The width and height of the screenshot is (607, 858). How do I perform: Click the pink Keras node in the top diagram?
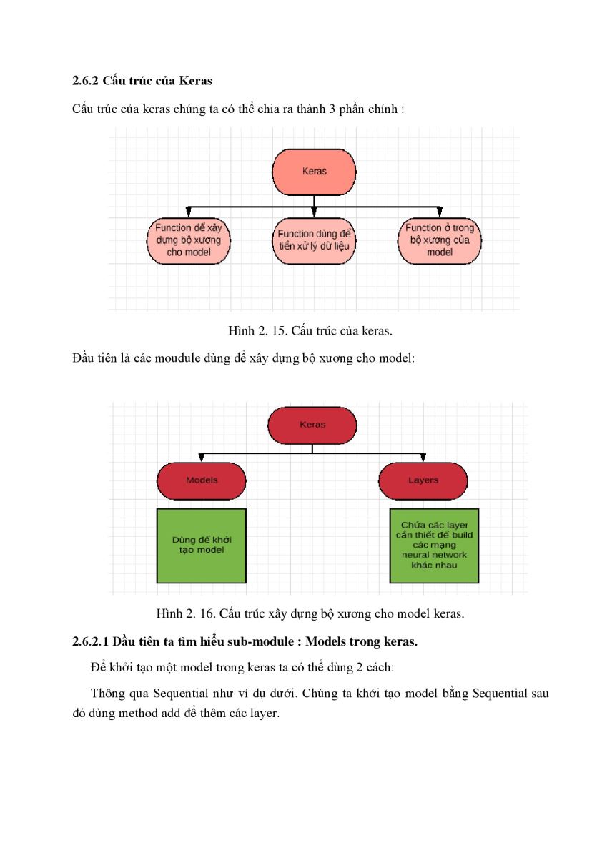click(314, 172)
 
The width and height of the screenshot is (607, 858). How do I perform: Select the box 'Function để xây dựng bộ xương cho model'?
click(189, 241)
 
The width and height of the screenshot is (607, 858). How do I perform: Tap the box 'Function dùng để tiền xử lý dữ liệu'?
click(314, 241)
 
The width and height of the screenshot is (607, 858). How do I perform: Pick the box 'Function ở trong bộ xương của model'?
click(440, 241)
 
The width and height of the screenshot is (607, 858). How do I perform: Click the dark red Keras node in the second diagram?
click(312, 425)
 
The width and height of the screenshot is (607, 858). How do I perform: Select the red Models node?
click(202, 480)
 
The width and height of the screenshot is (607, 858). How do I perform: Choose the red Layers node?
click(423, 480)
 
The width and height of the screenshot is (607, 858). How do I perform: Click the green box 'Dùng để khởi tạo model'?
click(202, 546)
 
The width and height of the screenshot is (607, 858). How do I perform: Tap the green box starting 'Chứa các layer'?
click(434, 546)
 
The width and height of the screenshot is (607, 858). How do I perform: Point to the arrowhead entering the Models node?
click(202, 458)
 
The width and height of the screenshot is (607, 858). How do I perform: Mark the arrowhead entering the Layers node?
click(423, 458)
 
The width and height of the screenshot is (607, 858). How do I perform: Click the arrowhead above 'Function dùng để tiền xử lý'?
click(314, 212)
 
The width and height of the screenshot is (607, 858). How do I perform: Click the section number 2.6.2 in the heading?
click(85, 81)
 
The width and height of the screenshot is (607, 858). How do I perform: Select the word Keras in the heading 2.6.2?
click(196, 81)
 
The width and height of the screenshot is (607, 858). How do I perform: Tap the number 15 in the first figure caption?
click(278, 330)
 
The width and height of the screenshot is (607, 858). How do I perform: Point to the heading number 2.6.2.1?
click(90, 641)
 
